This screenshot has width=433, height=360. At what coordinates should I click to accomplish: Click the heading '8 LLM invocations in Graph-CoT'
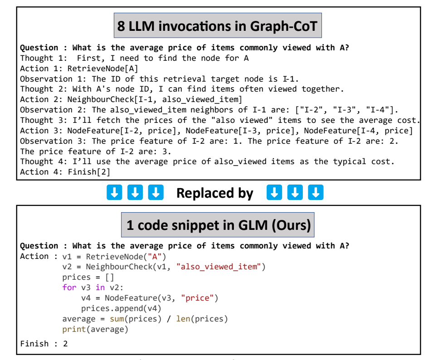pyautogui.click(x=218, y=25)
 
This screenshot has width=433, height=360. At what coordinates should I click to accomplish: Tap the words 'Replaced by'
pyautogui.click(x=214, y=193)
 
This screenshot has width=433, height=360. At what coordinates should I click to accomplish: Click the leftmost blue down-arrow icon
pyautogui.click(x=113, y=193)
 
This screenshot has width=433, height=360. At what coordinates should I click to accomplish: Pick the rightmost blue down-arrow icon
pyautogui.click(x=316, y=193)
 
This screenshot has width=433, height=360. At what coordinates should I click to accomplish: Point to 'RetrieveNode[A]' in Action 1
pyautogui.click(x=102, y=68)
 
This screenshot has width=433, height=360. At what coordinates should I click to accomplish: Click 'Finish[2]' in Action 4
pyautogui.click(x=89, y=172)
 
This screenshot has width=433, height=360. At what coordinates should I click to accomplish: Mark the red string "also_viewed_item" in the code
pyautogui.click(x=219, y=267)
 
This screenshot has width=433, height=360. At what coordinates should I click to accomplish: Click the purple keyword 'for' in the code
pyautogui.click(x=69, y=287)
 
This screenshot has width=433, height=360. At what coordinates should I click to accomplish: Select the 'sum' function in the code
pyautogui.click(x=117, y=319)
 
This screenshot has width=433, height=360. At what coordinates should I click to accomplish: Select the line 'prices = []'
pyautogui.click(x=88, y=277)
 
